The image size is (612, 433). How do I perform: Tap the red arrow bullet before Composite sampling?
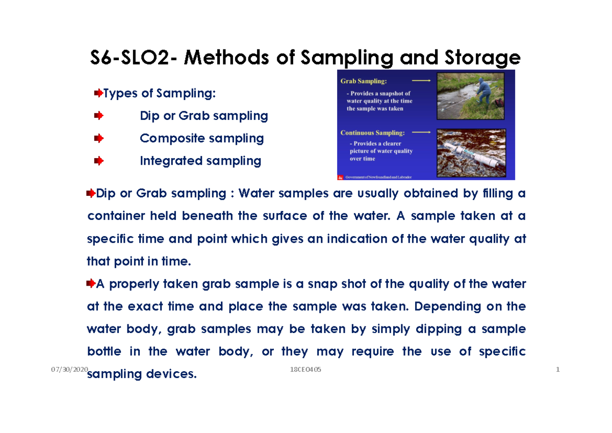click(x=99, y=139)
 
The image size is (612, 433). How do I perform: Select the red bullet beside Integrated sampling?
click(x=99, y=161)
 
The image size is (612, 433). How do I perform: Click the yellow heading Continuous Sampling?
click(x=372, y=133)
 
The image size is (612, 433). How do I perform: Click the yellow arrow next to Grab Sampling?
click(x=421, y=81)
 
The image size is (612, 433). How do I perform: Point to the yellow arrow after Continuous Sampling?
click(x=421, y=132)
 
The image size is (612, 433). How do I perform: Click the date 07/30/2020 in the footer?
click(x=70, y=369)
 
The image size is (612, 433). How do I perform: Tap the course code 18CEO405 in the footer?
click(x=305, y=369)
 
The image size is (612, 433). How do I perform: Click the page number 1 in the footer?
click(x=558, y=369)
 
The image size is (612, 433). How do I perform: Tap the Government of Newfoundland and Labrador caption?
click(x=378, y=177)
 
